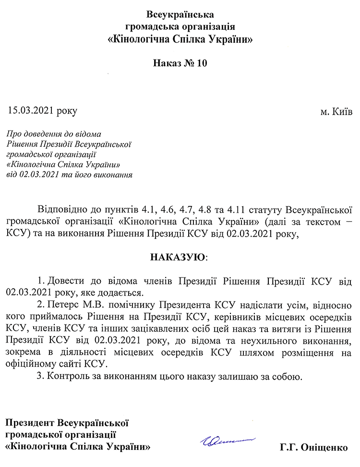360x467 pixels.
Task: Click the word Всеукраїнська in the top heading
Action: point(180,13)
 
